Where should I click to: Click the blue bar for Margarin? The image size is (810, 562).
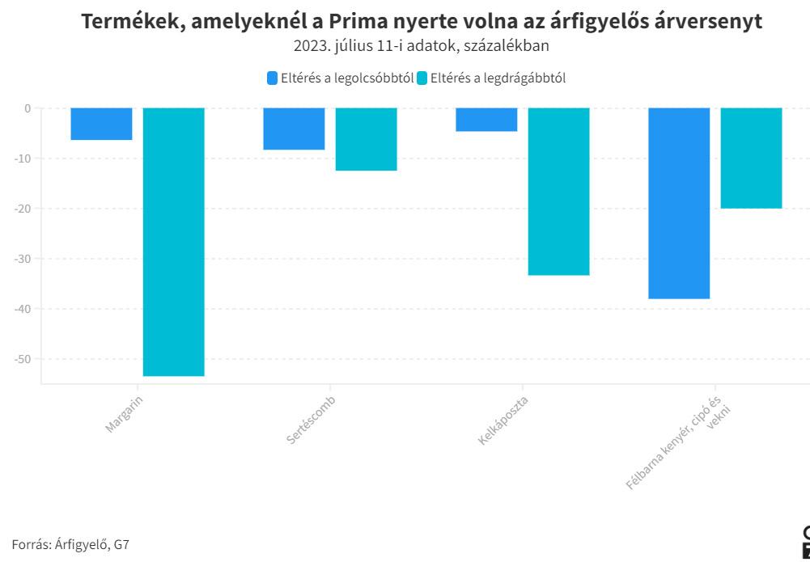tap(101, 124)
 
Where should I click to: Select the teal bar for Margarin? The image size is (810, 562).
tap(173, 242)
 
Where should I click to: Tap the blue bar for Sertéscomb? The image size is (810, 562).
tap(294, 129)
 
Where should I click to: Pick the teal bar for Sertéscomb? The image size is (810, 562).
tap(366, 139)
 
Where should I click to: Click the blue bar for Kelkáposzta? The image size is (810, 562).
tap(486, 120)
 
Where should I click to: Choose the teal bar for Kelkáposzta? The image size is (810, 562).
tap(558, 192)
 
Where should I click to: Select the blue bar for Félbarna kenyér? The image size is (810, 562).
tap(679, 203)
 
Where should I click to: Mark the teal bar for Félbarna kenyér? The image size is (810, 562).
tap(751, 158)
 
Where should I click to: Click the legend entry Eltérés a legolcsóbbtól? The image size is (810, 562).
tap(341, 78)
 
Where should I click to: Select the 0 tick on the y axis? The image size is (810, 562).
tap(27, 108)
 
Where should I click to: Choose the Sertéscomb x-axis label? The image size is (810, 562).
tap(311, 419)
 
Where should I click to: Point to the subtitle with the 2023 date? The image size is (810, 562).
tap(422, 46)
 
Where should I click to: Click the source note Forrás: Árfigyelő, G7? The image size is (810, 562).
tap(70, 544)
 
